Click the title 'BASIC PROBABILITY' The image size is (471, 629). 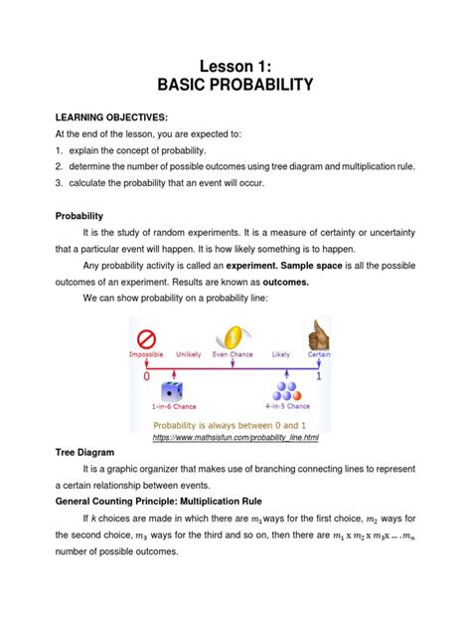pos(235,87)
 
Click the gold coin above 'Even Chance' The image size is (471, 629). pos(235,335)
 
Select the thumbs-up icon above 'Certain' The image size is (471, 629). pos(318,333)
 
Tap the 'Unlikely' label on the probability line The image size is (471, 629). pos(188,354)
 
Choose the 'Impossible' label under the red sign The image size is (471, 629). pos(146,354)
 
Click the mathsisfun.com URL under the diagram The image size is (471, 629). pos(235,438)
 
